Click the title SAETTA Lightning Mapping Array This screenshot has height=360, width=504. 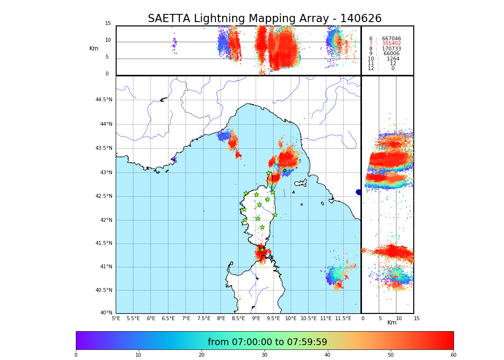click(264, 19)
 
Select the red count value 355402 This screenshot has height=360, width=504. click(391, 44)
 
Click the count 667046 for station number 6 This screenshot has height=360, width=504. click(391, 38)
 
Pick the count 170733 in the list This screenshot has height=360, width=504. click(391, 49)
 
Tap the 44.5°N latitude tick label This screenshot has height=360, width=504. click(104, 100)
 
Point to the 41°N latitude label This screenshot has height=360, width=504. click(105, 267)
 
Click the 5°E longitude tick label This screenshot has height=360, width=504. click(116, 318)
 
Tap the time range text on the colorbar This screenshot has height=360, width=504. click(267, 342)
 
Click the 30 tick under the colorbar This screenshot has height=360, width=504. click(264, 355)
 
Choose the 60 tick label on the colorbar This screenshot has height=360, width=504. click(453, 355)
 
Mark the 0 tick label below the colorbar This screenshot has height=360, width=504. click(76, 355)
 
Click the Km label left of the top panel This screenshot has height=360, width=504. click(94, 48)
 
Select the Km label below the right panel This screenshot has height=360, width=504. click(392, 323)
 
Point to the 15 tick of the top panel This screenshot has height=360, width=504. click(108, 24)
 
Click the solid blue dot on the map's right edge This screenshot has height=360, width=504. click(359, 192)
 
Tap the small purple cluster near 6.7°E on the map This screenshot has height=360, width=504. click(174, 160)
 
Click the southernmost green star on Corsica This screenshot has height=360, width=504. click(262, 249)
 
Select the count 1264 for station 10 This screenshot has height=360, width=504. click(393, 59)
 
